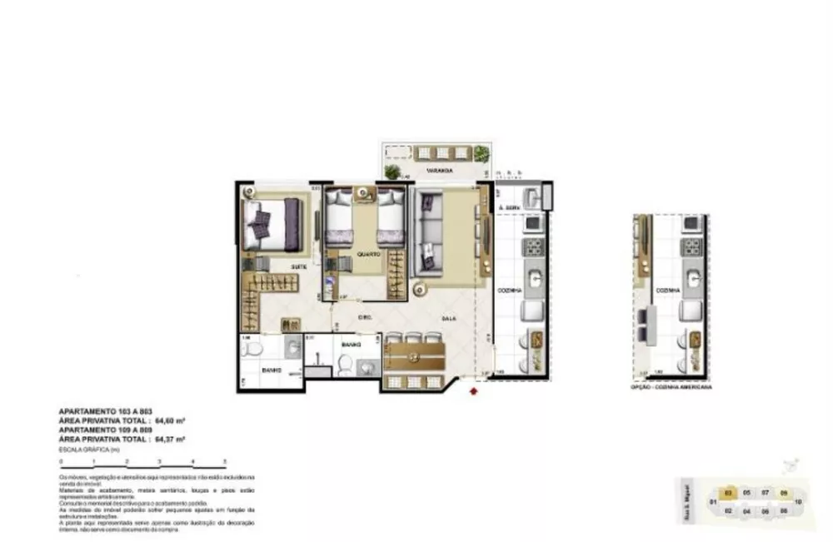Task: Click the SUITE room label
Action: tap(297, 266)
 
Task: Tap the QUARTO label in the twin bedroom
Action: tap(368, 254)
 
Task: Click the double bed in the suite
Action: tap(275, 223)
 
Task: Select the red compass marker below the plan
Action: tap(474, 390)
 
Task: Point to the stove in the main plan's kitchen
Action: tap(532, 247)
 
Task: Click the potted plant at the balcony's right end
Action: tap(482, 153)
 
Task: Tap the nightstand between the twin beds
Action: tap(364, 196)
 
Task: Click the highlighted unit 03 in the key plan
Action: tap(728, 493)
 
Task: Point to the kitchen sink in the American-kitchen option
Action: tap(694, 276)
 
